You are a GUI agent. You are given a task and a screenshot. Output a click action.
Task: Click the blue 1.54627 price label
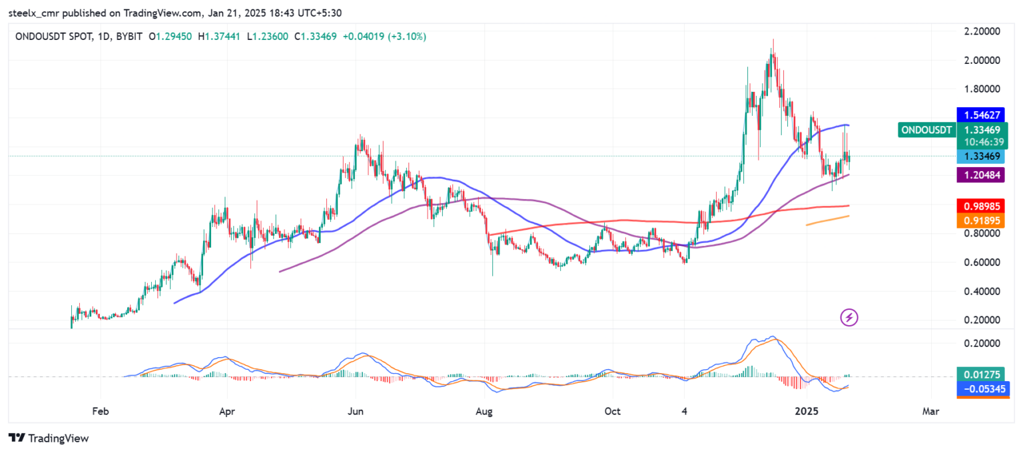pyautogui.click(x=978, y=115)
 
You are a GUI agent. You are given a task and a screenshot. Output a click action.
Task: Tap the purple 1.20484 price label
pyautogui.click(x=978, y=175)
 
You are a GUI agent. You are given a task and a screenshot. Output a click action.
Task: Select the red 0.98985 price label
pyautogui.click(x=978, y=206)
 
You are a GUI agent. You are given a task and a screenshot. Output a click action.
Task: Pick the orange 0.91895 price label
pyautogui.click(x=978, y=221)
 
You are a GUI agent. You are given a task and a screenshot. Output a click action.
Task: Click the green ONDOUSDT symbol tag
pyautogui.click(x=926, y=130)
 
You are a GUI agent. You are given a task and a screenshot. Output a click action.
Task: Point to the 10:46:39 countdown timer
pyautogui.click(x=978, y=142)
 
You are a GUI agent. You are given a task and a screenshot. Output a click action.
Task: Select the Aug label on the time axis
pyautogui.click(x=484, y=412)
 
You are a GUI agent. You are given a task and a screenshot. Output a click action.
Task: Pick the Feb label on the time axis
pyautogui.click(x=100, y=412)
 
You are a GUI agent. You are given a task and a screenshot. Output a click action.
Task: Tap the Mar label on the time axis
pyautogui.click(x=930, y=412)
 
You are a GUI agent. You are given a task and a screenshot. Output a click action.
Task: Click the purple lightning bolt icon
pyautogui.click(x=849, y=318)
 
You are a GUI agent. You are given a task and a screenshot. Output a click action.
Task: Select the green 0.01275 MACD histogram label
pyautogui.click(x=978, y=374)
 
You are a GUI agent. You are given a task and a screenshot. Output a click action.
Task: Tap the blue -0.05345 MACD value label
pyautogui.click(x=978, y=388)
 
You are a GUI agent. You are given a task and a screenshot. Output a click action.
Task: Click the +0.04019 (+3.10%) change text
pyautogui.click(x=384, y=37)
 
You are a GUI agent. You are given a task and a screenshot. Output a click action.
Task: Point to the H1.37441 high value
pyautogui.click(x=220, y=37)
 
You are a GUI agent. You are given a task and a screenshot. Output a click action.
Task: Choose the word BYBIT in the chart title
pyautogui.click(x=129, y=37)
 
